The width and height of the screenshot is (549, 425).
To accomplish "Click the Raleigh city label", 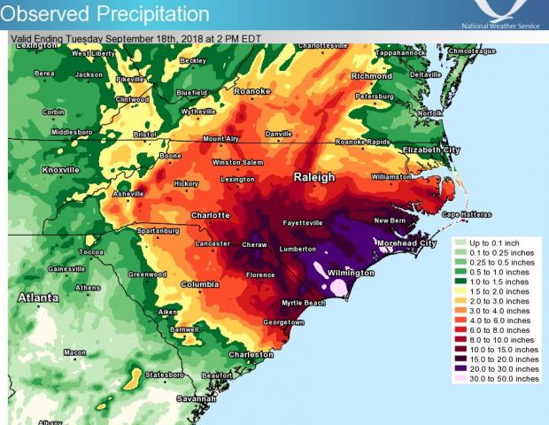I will click(x=314, y=177).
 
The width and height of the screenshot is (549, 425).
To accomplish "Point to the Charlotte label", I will click(x=211, y=215).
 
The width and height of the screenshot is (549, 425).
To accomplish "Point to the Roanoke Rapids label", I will click(x=362, y=143).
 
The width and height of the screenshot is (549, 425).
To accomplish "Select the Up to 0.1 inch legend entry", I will click(x=494, y=241).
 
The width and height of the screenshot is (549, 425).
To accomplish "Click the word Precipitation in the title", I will click(x=153, y=14).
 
